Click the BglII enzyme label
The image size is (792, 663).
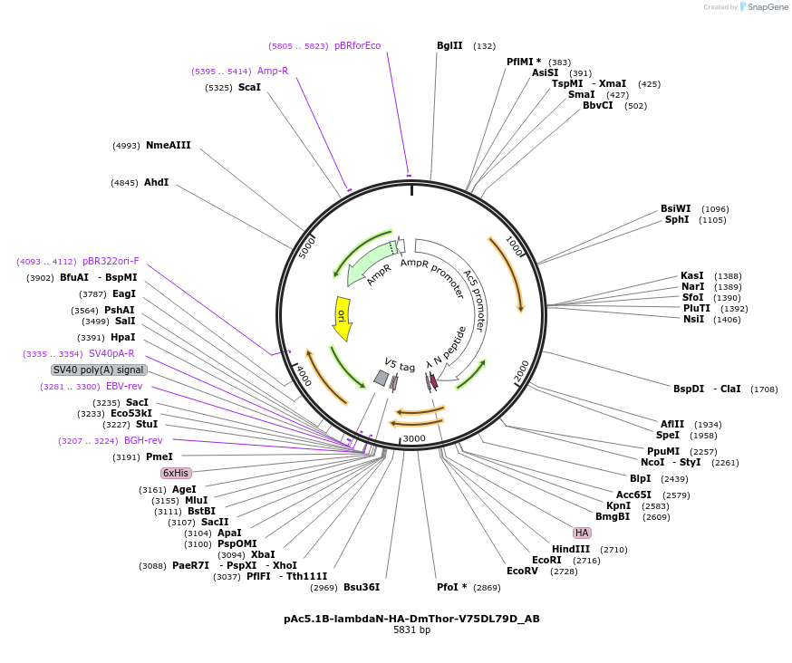449,45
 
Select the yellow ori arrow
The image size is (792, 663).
342,318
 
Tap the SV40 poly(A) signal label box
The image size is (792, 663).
99,370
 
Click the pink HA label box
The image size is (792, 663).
582,533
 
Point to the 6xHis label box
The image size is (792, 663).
176,473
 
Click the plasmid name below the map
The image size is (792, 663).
411,619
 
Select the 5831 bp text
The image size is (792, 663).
411,630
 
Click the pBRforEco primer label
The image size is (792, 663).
357,45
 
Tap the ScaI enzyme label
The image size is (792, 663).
249,88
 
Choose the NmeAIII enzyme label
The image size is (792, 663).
169,145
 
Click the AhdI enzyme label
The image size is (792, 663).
156,182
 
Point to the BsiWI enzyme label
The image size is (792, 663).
675,208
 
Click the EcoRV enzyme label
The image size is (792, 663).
522,571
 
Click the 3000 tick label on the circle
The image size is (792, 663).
414,439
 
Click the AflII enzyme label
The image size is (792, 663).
672,424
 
